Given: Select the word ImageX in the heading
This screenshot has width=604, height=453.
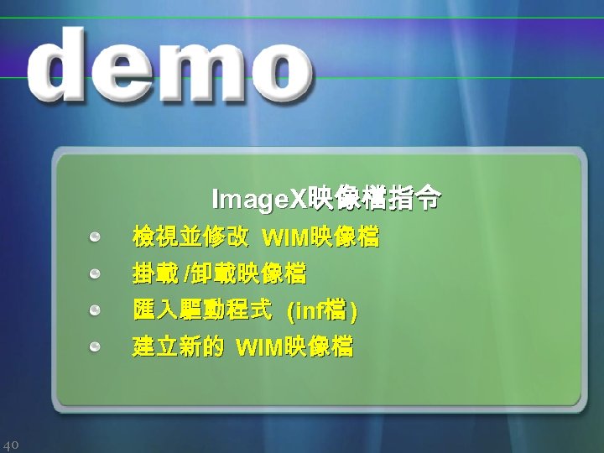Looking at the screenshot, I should coord(260,200).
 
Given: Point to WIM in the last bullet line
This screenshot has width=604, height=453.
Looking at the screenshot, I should coord(260,346).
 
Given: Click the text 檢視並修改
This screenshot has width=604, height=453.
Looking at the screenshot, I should coord(190,239).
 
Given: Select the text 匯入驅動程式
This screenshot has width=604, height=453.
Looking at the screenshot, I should coord(202,311).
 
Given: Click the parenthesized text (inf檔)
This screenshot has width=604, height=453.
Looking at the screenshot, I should coord(322,312).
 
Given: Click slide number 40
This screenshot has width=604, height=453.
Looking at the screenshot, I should coord(12,444).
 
